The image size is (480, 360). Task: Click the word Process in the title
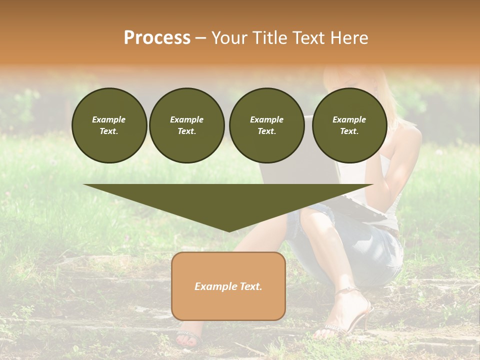(x=157, y=38)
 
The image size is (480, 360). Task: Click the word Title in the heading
(x=269, y=38)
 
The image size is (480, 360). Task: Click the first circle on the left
(x=109, y=125)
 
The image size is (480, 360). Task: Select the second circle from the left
(x=186, y=125)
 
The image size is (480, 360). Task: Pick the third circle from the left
(x=266, y=125)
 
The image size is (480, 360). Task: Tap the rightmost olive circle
(x=349, y=125)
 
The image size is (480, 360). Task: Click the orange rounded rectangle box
(x=228, y=286)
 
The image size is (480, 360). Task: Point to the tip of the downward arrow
(x=229, y=231)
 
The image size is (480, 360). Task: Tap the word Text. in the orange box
(x=250, y=286)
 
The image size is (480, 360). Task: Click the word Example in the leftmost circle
(x=109, y=119)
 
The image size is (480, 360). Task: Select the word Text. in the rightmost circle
(x=349, y=131)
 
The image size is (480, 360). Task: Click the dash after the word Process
(x=201, y=38)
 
